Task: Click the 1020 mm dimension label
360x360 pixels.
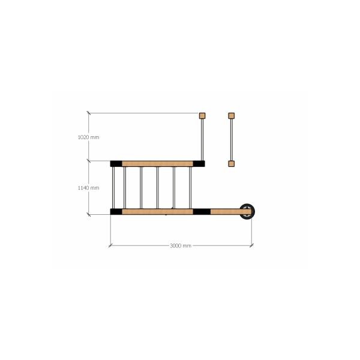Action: [x=89, y=137]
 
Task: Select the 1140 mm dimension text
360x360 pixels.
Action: [x=89, y=188]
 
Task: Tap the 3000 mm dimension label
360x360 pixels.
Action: [x=181, y=245]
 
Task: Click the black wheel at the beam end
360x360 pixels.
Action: [x=247, y=211]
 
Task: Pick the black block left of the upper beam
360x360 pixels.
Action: [x=116, y=164]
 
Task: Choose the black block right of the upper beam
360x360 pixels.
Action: [x=199, y=164]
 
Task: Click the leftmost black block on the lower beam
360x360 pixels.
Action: [x=116, y=212]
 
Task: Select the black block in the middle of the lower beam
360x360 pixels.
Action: [x=202, y=212]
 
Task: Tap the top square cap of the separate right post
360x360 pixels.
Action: [x=232, y=116]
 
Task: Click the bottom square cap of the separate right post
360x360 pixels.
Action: [x=232, y=164]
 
